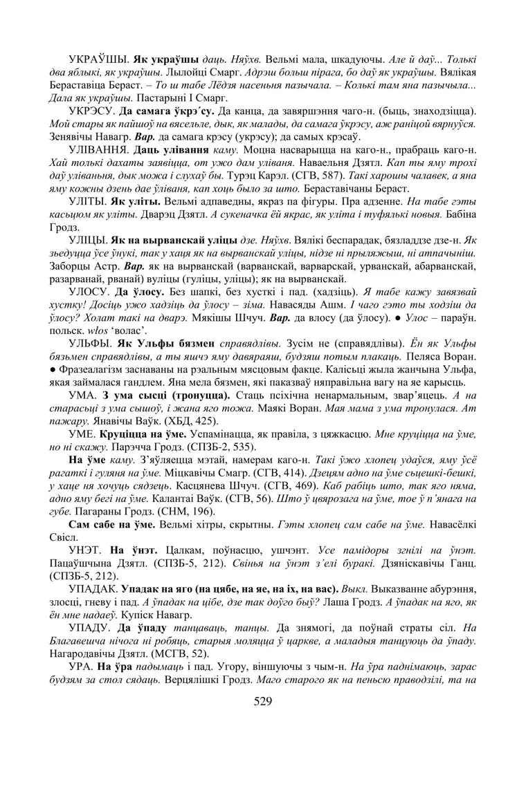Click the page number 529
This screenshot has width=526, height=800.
tap(262, 701)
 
